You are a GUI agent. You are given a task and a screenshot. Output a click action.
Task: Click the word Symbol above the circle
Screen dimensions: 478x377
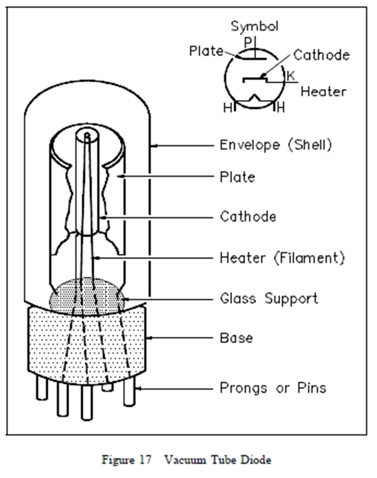tap(255, 26)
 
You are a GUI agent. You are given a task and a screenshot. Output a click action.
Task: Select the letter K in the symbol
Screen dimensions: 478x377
tap(290, 75)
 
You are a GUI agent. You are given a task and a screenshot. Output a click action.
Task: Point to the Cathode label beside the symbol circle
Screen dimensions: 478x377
tap(321, 55)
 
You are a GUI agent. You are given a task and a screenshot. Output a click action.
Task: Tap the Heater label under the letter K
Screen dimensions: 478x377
tap(323, 91)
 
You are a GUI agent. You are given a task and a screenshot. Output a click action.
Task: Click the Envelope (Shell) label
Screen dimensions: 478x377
tap(276, 145)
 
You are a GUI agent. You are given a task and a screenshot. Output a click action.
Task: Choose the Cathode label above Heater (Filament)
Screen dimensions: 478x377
tap(248, 216)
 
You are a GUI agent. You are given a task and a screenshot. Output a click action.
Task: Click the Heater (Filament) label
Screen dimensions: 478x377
tap(281, 258)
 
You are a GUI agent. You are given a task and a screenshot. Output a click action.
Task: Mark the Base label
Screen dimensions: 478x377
tap(236, 338)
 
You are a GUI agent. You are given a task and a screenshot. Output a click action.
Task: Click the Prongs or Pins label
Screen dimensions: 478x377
tap(272, 387)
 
